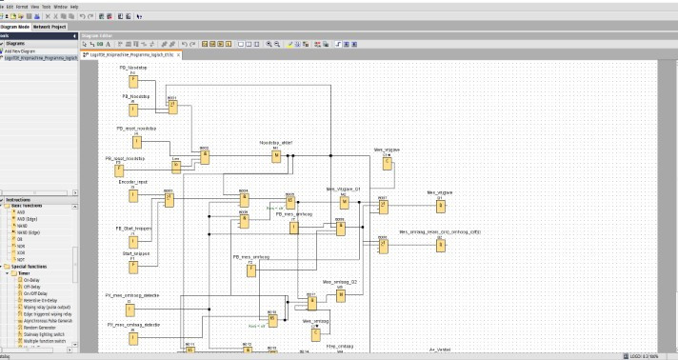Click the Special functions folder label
tap(29, 267)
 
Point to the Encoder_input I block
tap(133, 196)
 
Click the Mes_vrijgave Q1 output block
tap(440, 205)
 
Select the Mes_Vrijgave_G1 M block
tap(345, 202)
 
